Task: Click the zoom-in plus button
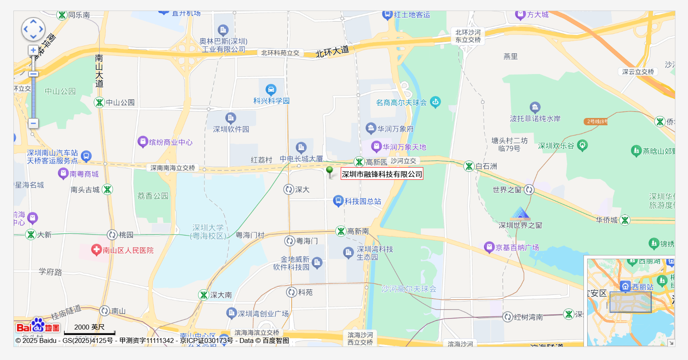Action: click(33, 50)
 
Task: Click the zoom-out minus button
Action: click(33, 123)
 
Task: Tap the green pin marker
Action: click(330, 171)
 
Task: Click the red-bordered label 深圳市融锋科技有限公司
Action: click(382, 174)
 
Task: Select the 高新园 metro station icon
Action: click(359, 162)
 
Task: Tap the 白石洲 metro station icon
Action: click(469, 166)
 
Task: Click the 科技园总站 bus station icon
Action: click(338, 201)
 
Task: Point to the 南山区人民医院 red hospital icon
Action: click(96, 250)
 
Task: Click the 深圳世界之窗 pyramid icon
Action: click(520, 214)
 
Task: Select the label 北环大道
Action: click(332, 52)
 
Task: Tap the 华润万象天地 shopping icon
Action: click(377, 146)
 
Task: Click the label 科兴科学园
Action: click(271, 101)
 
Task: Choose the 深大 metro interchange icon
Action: click(289, 189)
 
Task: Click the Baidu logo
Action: click(38, 326)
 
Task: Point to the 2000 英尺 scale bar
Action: click(89, 330)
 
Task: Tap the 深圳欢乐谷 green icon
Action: click(582, 145)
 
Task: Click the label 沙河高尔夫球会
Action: click(409, 289)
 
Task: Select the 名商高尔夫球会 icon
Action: click(435, 102)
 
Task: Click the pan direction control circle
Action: click(33, 29)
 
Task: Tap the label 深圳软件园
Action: click(231, 129)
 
